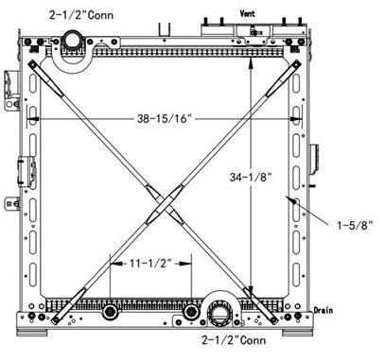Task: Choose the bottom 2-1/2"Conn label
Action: pyautogui.click(x=233, y=337)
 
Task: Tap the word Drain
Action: pyautogui.click(x=324, y=308)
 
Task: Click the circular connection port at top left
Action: pyautogui.click(x=73, y=40)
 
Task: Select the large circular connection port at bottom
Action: pyautogui.click(x=224, y=311)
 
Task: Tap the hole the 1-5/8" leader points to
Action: pyautogui.click(x=294, y=203)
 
